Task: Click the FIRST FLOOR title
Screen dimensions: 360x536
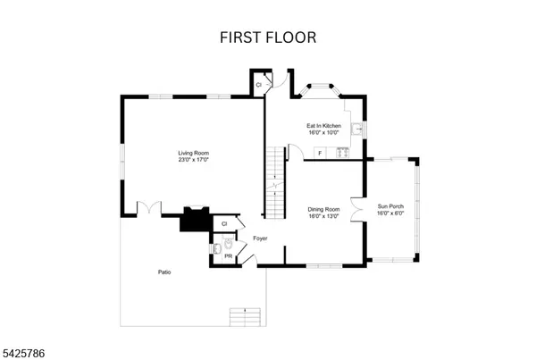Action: [267, 39]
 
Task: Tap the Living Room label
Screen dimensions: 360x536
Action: [192, 154]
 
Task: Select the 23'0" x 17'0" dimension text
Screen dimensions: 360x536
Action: [192, 161]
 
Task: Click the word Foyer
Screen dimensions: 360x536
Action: [260, 239]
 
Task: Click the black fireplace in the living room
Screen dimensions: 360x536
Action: [194, 220]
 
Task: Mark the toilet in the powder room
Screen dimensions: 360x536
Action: [227, 244]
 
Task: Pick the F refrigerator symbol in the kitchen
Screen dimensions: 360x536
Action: [319, 154]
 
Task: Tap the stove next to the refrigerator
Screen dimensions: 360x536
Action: [339, 153]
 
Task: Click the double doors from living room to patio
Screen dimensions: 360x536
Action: [147, 209]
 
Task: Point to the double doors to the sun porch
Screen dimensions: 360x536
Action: [359, 213]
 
